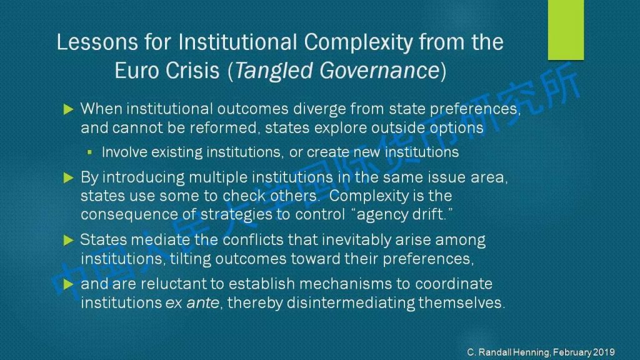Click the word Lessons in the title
click(97, 42)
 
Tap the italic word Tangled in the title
click(274, 71)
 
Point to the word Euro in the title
click(136, 71)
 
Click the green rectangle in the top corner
click(566, 30)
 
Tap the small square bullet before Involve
click(90, 152)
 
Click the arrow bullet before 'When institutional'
click(68, 109)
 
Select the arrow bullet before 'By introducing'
click(68, 178)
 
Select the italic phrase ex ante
click(192, 303)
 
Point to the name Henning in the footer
click(531, 352)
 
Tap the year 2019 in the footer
click(604, 352)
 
